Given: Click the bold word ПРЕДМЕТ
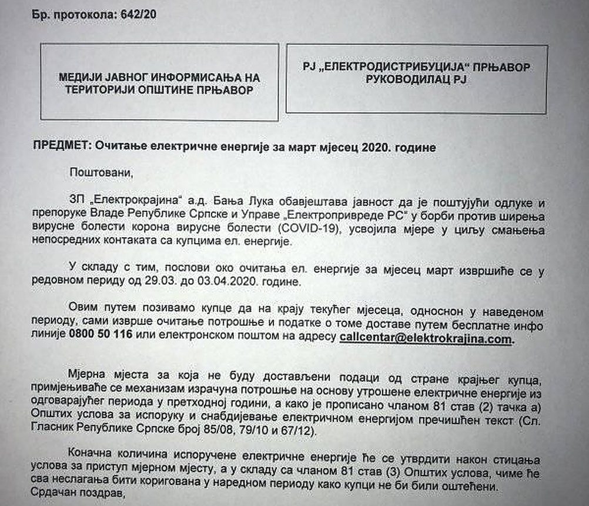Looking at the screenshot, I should pyautogui.click(x=58, y=148).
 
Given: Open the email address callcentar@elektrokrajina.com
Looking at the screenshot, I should pyautogui.click(x=426, y=338).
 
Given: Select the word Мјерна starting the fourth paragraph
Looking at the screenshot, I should pyautogui.click(x=88, y=376).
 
